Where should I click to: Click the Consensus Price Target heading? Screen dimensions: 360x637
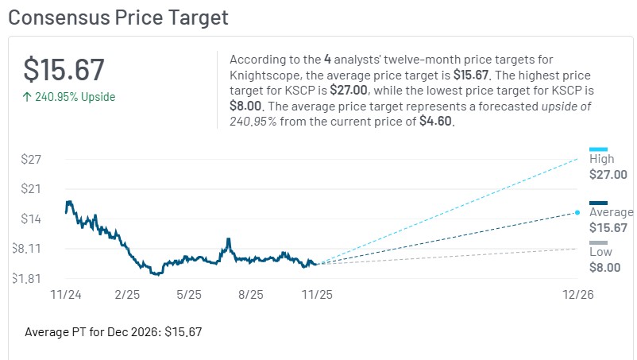coord(118,17)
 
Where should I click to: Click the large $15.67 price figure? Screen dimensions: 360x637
coord(64,69)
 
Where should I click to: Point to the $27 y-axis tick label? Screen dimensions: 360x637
coord(31,159)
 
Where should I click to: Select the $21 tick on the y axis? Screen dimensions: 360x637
coord(31,188)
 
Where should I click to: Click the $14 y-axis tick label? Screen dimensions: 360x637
coord(31,219)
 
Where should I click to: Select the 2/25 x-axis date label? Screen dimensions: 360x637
coord(127,294)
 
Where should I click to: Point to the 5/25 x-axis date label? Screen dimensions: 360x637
coord(189,294)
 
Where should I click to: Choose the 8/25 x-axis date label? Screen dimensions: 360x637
coord(251,294)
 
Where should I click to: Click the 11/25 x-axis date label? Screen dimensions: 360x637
coord(316,294)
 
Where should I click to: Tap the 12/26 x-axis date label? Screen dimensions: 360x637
coord(577,294)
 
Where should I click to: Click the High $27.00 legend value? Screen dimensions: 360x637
coord(608,175)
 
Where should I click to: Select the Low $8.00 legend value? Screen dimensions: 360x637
coord(605,268)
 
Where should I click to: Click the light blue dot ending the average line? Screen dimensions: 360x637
coord(577,212)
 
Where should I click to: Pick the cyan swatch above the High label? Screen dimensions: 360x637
coord(598,149)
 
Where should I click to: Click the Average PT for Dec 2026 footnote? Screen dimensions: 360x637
coord(114,331)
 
